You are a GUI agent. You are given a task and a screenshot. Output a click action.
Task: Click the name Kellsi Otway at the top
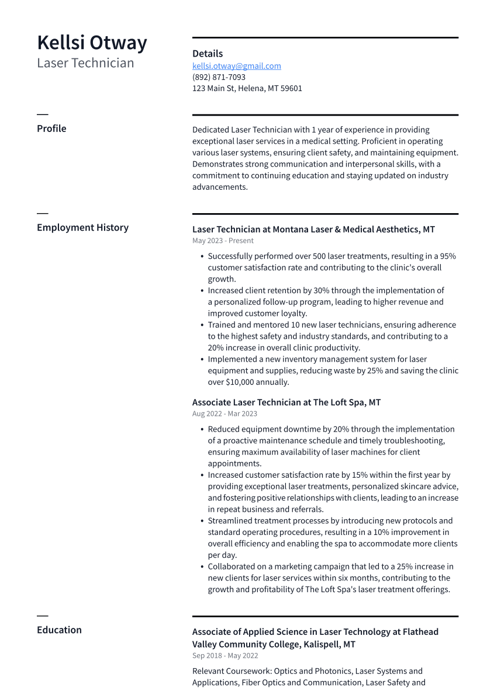coord(92,43)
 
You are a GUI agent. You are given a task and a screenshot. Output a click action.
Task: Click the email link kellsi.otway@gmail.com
coord(236,66)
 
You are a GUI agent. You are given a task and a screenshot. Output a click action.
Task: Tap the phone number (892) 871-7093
coord(219,77)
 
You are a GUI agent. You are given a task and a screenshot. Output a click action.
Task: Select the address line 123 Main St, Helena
coord(247,89)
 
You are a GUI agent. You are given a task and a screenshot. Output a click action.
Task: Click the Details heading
coord(208,54)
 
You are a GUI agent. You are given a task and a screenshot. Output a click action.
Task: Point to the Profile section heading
coord(51,128)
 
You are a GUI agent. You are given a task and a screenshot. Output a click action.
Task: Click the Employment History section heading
coord(82,228)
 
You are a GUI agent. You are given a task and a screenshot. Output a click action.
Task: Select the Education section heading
coord(59,630)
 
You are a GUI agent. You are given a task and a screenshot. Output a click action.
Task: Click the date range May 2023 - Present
coord(223,241)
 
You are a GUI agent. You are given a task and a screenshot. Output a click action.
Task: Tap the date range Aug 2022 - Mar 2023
coord(224,414)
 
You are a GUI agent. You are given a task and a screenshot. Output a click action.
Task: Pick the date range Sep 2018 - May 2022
coord(225,656)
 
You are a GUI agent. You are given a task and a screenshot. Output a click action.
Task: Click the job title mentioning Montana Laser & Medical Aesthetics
coord(313,230)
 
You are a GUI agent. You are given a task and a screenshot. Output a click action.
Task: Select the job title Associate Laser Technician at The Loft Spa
coord(286,403)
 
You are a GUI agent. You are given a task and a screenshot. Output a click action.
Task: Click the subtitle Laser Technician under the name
coord(85,63)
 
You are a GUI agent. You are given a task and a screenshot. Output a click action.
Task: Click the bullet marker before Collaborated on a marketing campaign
coord(202,567)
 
